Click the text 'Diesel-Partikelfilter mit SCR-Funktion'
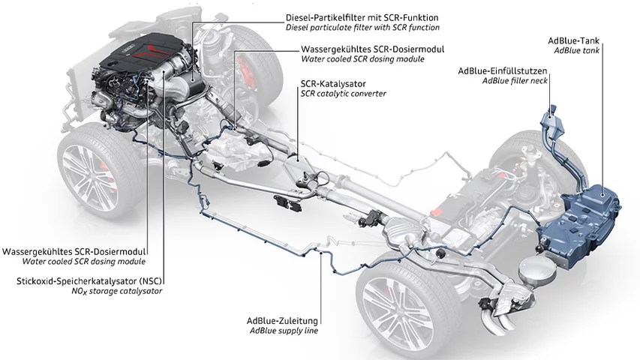click(362, 16)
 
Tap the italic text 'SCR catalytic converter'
click(344, 94)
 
